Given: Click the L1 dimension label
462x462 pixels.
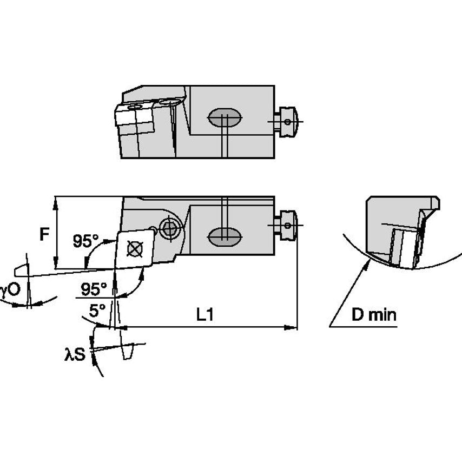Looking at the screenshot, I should tap(205, 315).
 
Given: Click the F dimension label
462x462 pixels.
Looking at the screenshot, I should tap(46, 234).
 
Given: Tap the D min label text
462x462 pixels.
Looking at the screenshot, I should tap(374, 315).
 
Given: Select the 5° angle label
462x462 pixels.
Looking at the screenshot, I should tap(97, 311).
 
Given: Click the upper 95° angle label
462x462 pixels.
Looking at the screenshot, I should tap(86, 241).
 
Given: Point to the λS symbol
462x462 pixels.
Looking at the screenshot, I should tap(75, 355).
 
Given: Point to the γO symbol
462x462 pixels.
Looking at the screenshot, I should tap(10, 291).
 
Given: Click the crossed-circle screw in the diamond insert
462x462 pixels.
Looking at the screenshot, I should tap(133, 249).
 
